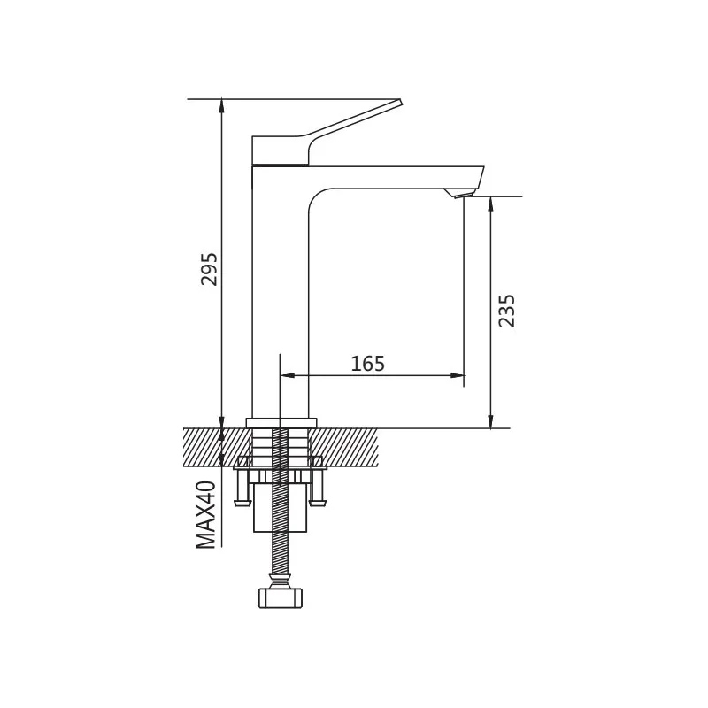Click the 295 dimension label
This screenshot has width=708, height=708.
point(209,269)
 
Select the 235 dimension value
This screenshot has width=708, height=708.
point(506,311)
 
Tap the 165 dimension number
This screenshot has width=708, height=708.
point(368,364)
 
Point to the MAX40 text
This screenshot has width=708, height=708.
point(205,515)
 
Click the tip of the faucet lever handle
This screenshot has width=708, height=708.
point(400,102)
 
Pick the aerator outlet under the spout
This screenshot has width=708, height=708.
point(459,193)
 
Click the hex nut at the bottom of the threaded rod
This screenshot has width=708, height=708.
point(281,598)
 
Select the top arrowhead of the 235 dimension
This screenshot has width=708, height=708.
point(491,203)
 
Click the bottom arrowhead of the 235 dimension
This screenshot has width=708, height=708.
point(491,421)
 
